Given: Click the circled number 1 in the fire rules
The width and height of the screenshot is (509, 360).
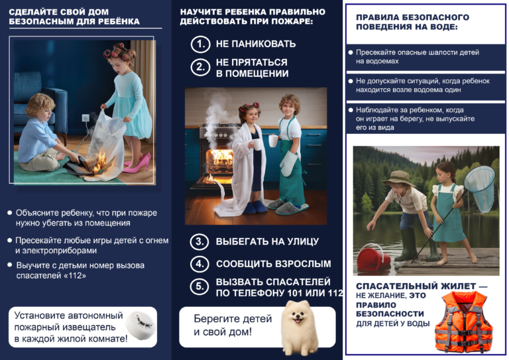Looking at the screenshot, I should coord(200,44).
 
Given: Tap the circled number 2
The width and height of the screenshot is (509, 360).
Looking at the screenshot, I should coord(200,67).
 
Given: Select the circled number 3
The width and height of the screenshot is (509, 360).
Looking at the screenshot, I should coord(200,241).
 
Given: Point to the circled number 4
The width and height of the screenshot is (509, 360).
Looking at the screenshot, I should coord(200,264).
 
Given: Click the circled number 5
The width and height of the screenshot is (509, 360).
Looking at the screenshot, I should coord(200,286).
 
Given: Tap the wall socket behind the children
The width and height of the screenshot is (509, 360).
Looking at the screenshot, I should coord(85,117).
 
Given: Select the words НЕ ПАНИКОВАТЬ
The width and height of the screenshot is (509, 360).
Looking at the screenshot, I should coord(256,44).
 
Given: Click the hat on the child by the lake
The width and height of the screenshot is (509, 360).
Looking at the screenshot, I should coord(400,177).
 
